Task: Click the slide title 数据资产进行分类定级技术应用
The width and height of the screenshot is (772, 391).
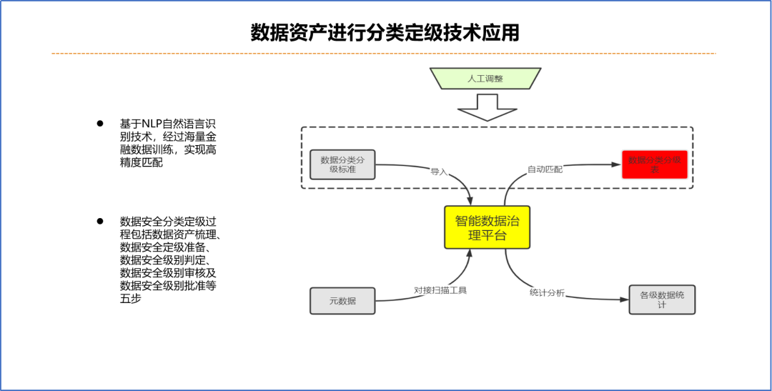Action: [x=385, y=33]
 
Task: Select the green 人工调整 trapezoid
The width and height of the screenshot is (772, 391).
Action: [x=485, y=79]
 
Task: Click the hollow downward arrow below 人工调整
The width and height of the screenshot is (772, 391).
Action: [x=486, y=108]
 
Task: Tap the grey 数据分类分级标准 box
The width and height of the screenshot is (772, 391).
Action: [x=342, y=164]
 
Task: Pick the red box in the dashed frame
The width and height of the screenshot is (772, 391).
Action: [x=655, y=165]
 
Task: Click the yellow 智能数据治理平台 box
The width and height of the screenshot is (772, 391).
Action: [x=487, y=227]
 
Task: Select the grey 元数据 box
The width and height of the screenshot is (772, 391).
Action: [x=342, y=300]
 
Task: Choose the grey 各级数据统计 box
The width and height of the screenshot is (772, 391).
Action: [x=662, y=300]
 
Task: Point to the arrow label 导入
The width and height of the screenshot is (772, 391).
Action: [x=439, y=172]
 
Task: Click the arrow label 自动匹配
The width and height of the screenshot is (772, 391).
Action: [x=545, y=169]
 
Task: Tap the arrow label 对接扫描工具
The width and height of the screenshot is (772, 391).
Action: [x=440, y=290]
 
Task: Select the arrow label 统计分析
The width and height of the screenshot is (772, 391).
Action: [x=547, y=292]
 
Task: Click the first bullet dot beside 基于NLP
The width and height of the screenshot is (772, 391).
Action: [x=100, y=124]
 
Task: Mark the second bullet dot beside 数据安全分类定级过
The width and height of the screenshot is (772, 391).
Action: [x=100, y=222]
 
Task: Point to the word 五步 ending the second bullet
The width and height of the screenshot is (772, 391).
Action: [x=131, y=298]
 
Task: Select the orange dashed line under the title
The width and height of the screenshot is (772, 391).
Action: [x=383, y=54]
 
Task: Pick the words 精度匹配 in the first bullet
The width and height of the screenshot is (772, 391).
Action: [x=142, y=162]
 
